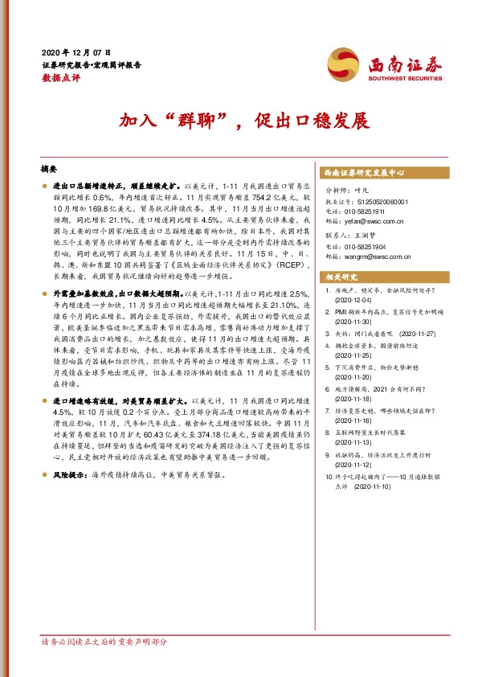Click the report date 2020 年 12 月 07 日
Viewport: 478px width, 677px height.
(76, 51)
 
